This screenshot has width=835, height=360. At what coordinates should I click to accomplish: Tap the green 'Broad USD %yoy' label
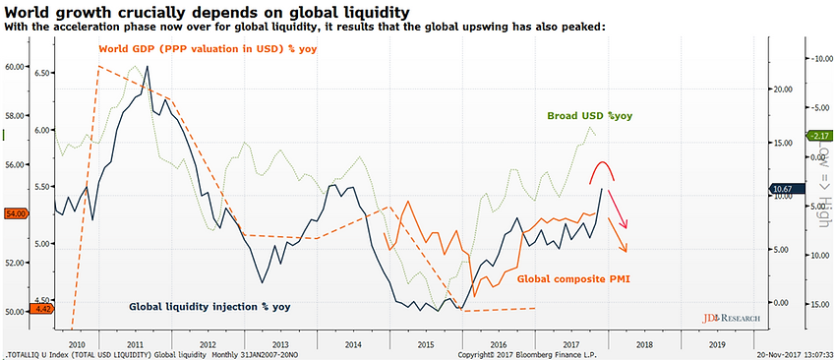click(589, 116)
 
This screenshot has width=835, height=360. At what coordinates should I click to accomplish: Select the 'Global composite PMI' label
click(572, 279)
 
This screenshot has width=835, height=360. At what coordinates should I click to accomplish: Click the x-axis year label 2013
click(280, 345)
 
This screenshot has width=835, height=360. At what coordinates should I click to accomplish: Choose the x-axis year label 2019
click(718, 345)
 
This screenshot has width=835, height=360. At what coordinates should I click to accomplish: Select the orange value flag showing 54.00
click(15, 212)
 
